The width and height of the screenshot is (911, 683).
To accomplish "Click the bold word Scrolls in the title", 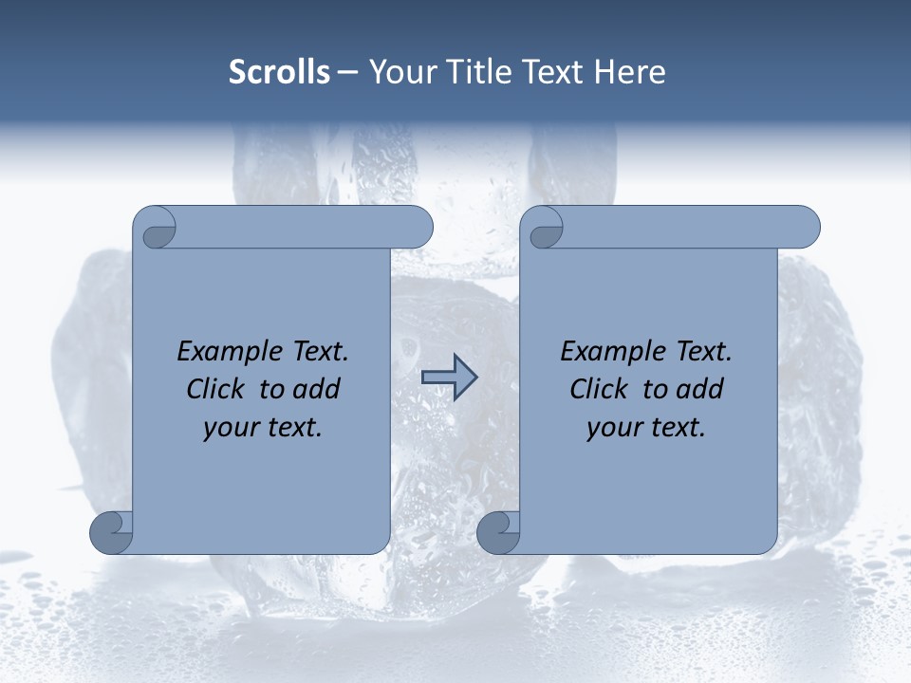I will pyautogui.click(x=279, y=72).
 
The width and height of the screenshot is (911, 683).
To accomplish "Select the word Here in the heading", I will pyautogui.click(x=630, y=72).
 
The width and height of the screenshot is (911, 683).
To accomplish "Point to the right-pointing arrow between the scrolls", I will pyautogui.click(x=449, y=378).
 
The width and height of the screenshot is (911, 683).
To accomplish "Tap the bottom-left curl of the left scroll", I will pyautogui.click(x=111, y=532).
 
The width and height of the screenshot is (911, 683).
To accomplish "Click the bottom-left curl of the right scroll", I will pyautogui.click(x=498, y=532).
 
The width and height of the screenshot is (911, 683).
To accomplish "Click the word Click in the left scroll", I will pyautogui.click(x=214, y=390).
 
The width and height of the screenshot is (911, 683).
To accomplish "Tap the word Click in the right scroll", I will pyautogui.click(x=598, y=390).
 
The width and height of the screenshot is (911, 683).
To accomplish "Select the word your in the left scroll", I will pyautogui.click(x=229, y=428).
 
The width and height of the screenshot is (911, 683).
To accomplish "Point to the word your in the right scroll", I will pyautogui.click(x=612, y=428).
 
